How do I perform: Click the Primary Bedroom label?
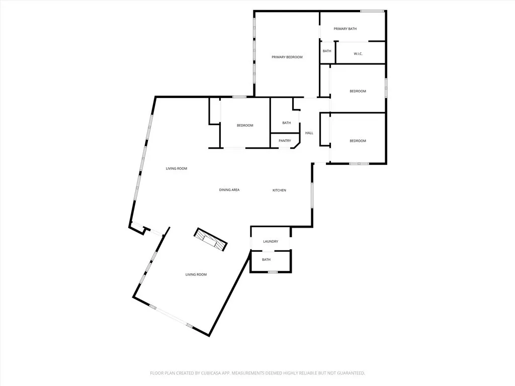[287, 57]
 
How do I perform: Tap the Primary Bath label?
[345, 29]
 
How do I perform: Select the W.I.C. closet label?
[358, 54]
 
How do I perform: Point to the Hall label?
[309, 133]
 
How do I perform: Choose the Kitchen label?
[279, 190]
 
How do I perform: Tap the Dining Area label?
[229, 190]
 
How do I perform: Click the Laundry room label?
[271, 242]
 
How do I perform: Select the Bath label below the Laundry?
[266, 260]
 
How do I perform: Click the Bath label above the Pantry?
[286, 123]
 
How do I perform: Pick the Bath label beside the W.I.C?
[327, 51]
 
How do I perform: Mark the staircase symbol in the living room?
[211, 239]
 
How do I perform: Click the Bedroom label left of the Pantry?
[245, 126]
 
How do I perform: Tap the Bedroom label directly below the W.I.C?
[358, 91]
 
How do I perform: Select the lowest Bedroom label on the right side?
[358, 141]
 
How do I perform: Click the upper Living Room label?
[177, 169]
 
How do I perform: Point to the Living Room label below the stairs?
[196, 275]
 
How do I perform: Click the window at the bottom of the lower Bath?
[273, 272]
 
